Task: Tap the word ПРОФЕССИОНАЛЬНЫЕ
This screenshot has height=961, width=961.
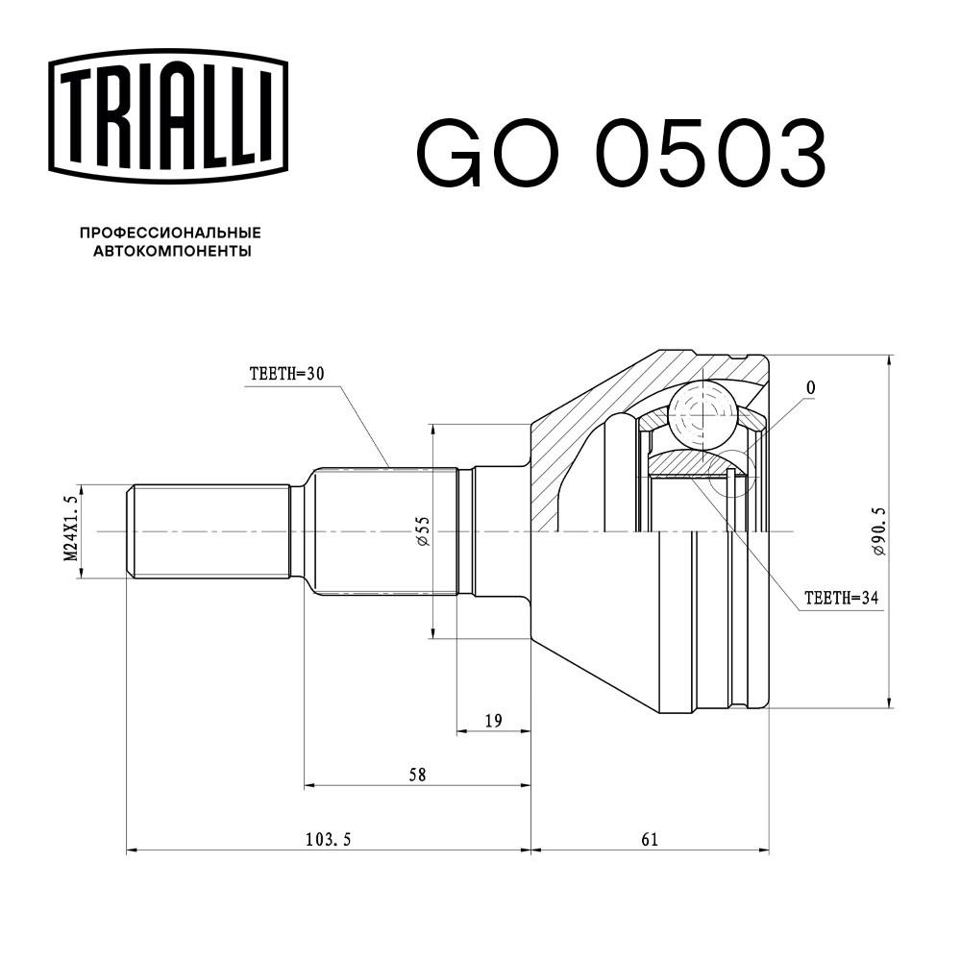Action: tap(171, 233)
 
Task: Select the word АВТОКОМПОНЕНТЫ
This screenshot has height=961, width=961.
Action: tap(172, 251)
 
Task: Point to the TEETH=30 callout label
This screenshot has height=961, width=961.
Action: tap(286, 374)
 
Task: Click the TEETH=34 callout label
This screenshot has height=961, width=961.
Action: tap(841, 598)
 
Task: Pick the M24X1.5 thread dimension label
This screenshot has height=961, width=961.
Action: tap(71, 529)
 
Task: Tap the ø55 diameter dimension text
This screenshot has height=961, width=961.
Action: tap(423, 530)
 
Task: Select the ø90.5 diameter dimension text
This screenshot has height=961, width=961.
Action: tap(879, 531)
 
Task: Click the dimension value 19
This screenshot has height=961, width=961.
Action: tap(493, 721)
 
